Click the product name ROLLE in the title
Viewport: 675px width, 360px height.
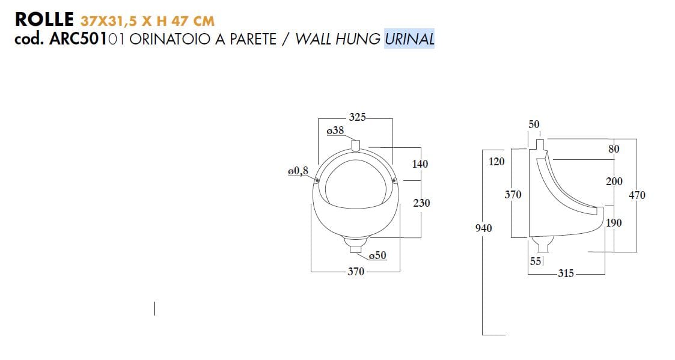(x=44, y=19)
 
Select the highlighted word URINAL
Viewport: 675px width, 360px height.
(x=409, y=39)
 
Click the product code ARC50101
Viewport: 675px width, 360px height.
(x=87, y=39)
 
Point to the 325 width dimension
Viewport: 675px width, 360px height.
(x=357, y=117)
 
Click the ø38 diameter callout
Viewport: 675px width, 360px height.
(x=335, y=130)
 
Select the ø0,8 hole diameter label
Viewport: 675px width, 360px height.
(x=298, y=171)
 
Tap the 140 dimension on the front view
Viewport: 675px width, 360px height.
(x=420, y=164)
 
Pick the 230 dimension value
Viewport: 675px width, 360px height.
(x=421, y=203)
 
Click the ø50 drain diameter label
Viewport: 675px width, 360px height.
(x=377, y=255)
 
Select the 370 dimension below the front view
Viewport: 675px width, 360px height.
(x=356, y=272)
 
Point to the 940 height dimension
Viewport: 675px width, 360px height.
(x=483, y=228)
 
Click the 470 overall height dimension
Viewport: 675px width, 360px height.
(x=637, y=195)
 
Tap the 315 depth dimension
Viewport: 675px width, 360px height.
(x=566, y=273)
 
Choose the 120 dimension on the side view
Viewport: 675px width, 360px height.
(x=496, y=161)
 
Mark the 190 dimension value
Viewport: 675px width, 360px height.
(x=614, y=223)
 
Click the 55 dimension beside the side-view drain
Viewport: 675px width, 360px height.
(x=535, y=261)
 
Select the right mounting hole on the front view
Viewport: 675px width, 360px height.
(x=394, y=180)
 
